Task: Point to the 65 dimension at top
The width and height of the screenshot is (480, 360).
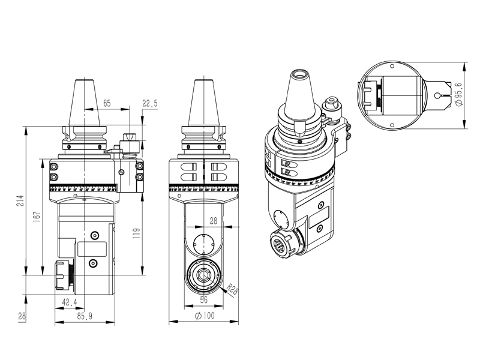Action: click(106, 104)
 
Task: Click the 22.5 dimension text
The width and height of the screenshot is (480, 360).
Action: click(149, 104)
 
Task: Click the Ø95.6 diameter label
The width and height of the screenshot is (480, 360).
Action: click(459, 94)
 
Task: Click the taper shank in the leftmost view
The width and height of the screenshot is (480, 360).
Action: click(85, 102)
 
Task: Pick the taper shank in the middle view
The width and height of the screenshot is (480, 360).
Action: click(203, 102)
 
